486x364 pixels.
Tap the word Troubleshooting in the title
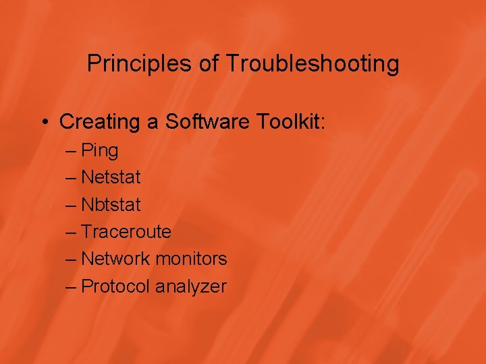point(312,65)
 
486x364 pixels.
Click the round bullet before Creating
point(44,123)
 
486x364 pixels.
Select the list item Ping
point(99,151)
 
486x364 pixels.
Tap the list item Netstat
point(111,177)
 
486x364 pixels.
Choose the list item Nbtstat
point(111,204)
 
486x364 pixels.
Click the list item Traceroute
point(126,232)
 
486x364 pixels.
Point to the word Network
point(115,259)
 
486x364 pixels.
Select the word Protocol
point(115,286)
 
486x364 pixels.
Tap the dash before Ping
point(72,150)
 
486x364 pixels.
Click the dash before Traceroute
point(72,232)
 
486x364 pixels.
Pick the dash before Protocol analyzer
point(72,286)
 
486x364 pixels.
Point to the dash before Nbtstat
point(72,204)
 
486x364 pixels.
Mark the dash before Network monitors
point(72,259)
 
